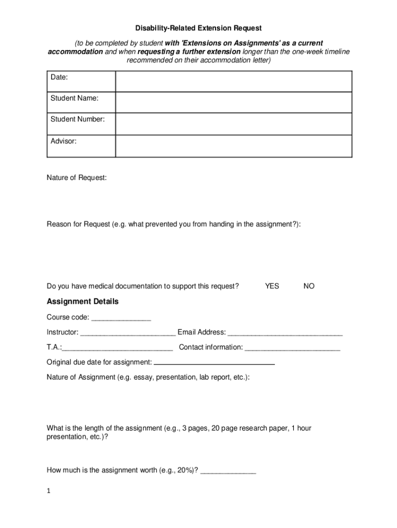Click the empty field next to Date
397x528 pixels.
click(x=233, y=81)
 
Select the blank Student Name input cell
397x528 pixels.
click(x=233, y=102)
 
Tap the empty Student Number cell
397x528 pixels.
click(x=233, y=124)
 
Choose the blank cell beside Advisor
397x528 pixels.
click(x=233, y=145)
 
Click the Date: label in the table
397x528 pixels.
click(x=59, y=77)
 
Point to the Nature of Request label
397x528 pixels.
click(x=77, y=178)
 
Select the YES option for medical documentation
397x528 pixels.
click(x=272, y=286)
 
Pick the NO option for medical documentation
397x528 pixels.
click(x=309, y=286)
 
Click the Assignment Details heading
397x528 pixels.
click(x=82, y=302)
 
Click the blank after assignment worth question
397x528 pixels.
click(x=228, y=471)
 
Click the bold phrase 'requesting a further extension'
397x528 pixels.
click(x=189, y=52)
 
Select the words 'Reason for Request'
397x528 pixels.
click(x=78, y=225)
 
